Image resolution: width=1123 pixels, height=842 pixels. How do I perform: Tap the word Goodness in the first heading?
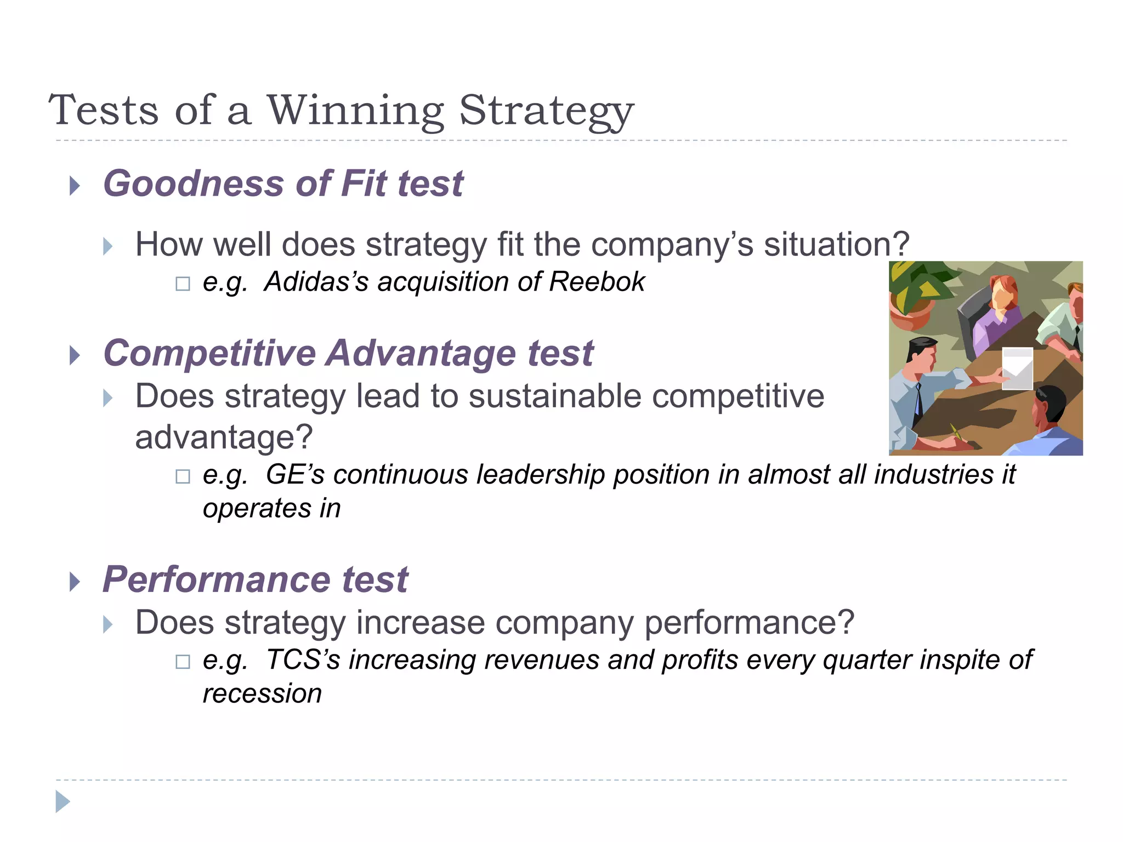(x=193, y=184)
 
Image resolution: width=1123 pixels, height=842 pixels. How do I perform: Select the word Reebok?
(x=597, y=282)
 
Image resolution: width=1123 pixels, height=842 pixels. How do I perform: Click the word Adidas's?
(x=316, y=282)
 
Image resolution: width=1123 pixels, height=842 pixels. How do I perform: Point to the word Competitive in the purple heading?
(x=209, y=354)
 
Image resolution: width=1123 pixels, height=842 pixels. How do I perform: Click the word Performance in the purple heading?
(x=217, y=580)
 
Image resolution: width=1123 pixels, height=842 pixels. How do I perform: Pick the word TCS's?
(x=303, y=660)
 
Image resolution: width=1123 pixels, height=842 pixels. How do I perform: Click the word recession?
(x=262, y=694)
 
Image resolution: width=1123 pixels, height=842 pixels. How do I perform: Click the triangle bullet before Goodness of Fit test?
(x=75, y=186)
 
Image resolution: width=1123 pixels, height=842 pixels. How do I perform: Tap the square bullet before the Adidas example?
(x=183, y=284)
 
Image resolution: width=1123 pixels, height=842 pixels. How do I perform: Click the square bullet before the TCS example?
(x=183, y=662)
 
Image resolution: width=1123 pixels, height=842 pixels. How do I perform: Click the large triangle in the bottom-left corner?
(x=63, y=801)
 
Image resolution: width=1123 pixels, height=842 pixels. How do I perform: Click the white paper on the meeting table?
(x=1017, y=368)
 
